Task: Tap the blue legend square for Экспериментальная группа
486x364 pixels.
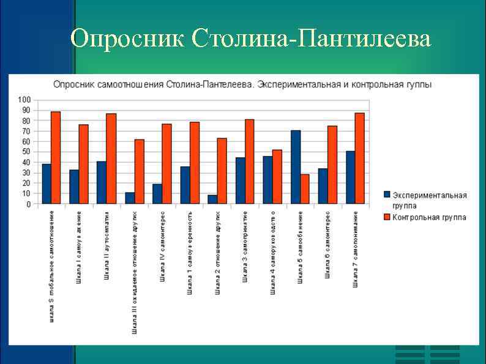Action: [x=387, y=195]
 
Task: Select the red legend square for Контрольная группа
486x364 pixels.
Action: [x=387, y=217]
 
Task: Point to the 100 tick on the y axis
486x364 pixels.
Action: [x=24, y=100]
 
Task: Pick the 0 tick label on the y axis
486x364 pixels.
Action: [x=28, y=204]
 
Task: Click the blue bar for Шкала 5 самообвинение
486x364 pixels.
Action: [x=296, y=167]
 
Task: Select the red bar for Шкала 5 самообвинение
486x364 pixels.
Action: [x=305, y=189]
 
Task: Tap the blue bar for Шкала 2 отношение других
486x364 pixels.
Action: [x=212, y=199]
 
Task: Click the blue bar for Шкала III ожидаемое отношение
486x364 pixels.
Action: [x=130, y=198]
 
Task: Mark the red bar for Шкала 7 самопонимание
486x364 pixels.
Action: [x=359, y=158]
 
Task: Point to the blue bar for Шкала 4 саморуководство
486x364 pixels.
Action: [x=268, y=180]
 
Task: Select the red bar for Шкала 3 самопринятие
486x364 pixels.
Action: [x=250, y=162]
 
